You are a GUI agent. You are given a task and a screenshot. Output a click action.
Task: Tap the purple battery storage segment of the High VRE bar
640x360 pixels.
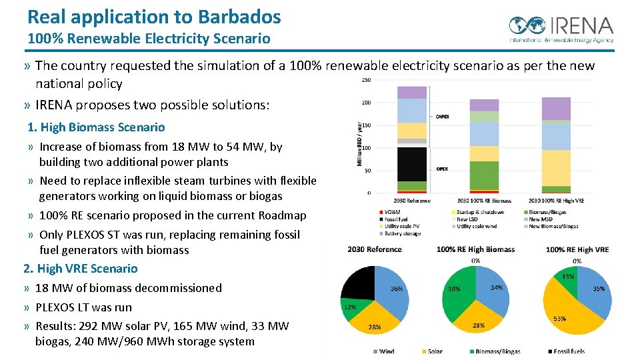pyautogui.click(x=556, y=109)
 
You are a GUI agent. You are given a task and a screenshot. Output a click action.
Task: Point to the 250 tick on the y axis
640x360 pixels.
pyautogui.click(x=366, y=80)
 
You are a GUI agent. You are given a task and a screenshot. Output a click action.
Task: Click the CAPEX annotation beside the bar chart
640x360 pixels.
pyautogui.click(x=442, y=117)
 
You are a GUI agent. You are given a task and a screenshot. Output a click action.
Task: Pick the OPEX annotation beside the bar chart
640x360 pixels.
pyautogui.click(x=442, y=169)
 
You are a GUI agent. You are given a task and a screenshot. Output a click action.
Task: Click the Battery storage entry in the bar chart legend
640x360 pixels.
pyautogui.click(x=402, y=233)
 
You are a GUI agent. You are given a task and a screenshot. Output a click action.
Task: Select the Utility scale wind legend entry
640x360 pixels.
pyautogui.click(x=477, y=226)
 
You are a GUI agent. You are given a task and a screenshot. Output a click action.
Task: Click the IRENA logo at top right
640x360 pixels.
pyautogui.click(x=561, y=28)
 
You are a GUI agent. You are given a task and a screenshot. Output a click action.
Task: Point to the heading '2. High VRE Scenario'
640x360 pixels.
pyautogui.click(x=81, y=269)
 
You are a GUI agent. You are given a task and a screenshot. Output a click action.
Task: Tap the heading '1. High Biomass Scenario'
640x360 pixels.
pyautogui.click(x=96, y=127)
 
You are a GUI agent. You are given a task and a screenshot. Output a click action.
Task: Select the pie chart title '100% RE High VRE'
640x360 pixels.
pyautogui.click(x=577, y=249)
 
